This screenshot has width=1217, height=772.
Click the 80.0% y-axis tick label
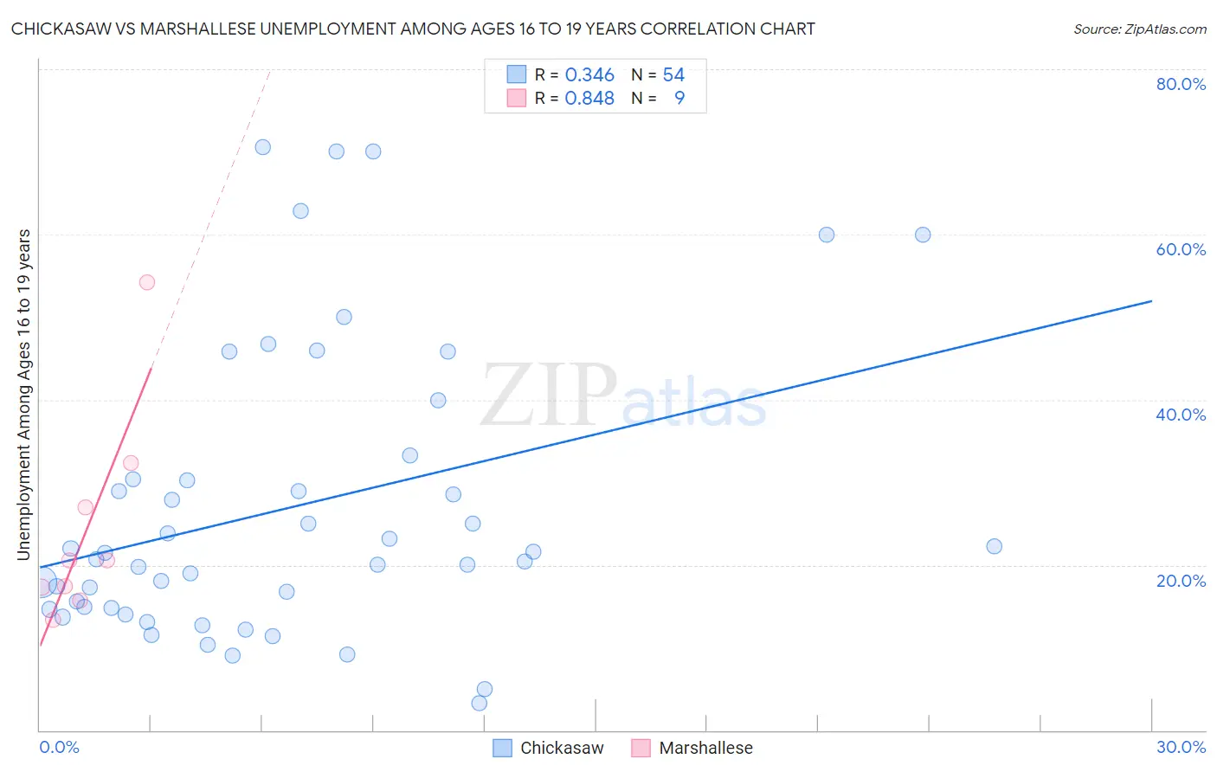click(x=1181, y=84)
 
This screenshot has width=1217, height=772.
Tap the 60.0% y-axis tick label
click(x=1181, y=249)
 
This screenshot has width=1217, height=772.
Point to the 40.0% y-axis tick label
click(x=1181, y=415)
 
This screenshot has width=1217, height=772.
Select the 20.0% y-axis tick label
click(x=1181, y=581)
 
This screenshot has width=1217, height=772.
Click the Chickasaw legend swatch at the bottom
click(x=502, y=749)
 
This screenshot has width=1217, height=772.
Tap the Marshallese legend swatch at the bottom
click(x=641, y=749)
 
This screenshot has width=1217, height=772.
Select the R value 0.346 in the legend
click(x=589, y=75)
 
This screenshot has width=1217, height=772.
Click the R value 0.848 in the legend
click(x=589, y=99)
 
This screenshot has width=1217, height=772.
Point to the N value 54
click(x=673, y=75)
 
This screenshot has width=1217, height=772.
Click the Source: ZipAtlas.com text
click(x=1139, y=29)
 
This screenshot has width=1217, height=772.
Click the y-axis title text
click(x=23, y=395)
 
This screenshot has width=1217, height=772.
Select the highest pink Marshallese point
click(x=147, y=282)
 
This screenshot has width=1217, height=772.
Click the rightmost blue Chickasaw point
click(x=994, y=546)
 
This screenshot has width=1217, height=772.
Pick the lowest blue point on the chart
click(x=480, y=703)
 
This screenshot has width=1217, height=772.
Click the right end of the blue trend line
click(x=1151, y=301)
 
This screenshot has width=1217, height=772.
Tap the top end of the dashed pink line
click(x=269, y=71)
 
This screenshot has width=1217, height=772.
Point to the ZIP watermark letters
click(x=549, y=396)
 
